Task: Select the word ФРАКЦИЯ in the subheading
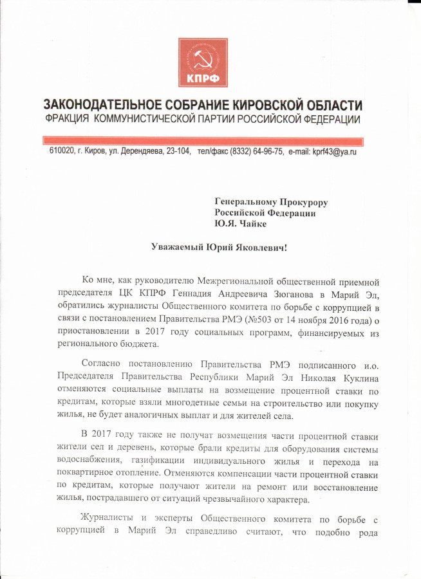(68, 120)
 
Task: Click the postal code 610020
(62, 152)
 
